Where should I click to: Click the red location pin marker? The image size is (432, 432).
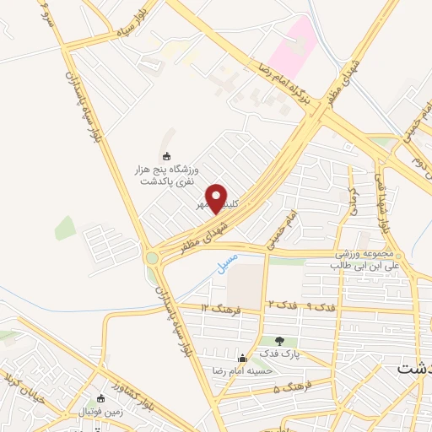pos(217,198)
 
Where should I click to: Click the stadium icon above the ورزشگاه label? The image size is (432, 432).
pos(166,155)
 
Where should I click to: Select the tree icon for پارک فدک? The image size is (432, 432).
pos(279,340)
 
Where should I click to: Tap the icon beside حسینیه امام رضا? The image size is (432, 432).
pos(243,357)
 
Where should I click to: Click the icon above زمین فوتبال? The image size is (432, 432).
pos(100,398)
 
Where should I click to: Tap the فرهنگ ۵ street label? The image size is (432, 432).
pos(294,388)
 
